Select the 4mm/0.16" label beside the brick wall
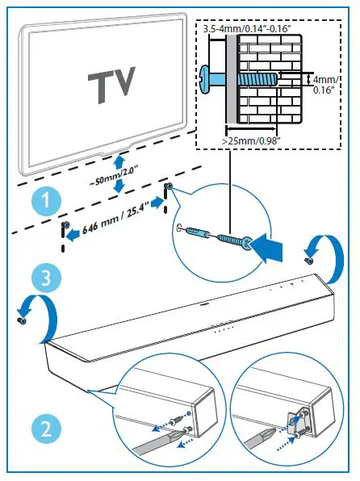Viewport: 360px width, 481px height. (x=327, y=85)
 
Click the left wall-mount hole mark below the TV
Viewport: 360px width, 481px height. (x=65, y=224)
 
